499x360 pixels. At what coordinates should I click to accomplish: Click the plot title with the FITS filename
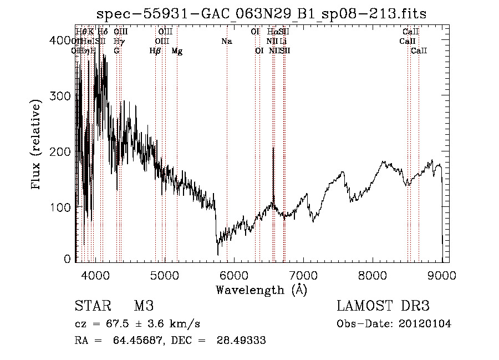261,13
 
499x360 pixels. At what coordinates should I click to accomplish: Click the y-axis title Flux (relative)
37,145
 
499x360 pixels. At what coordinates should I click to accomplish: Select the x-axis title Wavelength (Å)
261,290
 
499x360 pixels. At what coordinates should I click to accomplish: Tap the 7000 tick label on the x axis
303,275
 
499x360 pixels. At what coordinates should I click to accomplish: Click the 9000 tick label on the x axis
442,275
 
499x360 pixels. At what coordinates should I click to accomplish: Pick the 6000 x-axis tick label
233,275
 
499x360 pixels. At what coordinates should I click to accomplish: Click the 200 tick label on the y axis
64,151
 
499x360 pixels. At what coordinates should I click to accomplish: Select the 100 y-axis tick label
64,207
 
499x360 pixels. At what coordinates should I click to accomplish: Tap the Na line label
226,42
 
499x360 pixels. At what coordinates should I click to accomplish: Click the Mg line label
177,51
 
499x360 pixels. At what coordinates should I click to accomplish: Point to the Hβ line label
155,51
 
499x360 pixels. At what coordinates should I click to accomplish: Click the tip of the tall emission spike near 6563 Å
273,148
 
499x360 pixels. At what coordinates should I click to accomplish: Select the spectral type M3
143,306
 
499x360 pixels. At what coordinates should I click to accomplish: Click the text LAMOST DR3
383,306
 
